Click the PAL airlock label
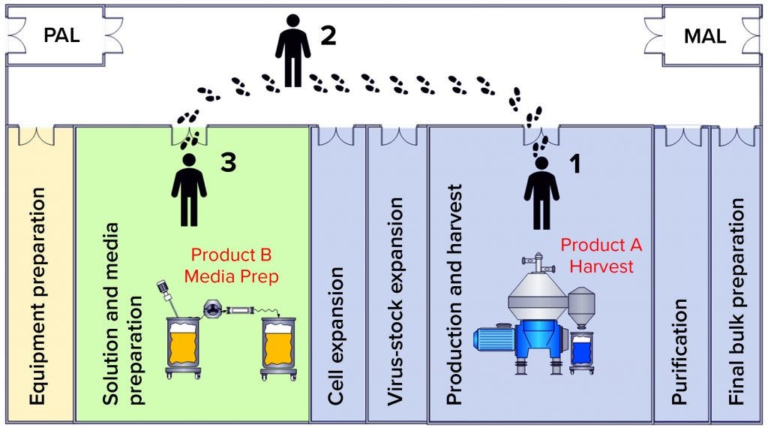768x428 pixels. point(61,36)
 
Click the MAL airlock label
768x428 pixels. point(704,36)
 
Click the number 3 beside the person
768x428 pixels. point(228,163)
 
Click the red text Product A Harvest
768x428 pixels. point(601,255)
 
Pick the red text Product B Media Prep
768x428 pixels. point(234,266)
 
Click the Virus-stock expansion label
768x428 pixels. point(396,301)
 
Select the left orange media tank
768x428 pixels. point(184,345)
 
